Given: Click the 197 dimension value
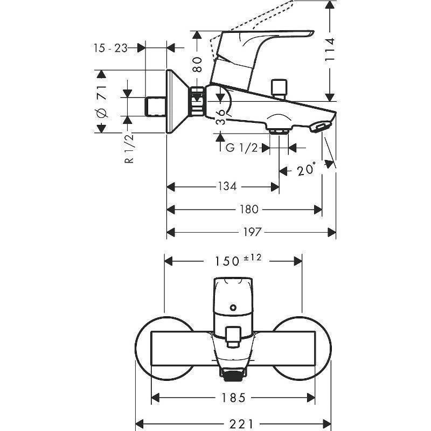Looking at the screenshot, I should click(x=252, y=232).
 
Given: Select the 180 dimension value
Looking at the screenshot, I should click(x=248, y=210).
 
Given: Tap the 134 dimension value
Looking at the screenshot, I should click(x=227, y=186).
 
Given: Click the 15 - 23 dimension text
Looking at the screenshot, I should click(x=109, y=48).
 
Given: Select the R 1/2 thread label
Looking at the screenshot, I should click(x=129, y=149).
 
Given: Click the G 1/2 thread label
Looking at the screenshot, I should click(x=241, y=148).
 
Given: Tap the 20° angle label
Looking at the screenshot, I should click(x=306, y=170).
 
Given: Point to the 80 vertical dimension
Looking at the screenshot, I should click(x=198, y=65).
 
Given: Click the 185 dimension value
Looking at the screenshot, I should click(x=233, y=398).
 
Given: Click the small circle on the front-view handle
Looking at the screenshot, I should click(x=233, y=309).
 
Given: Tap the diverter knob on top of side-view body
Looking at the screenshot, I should click(x=279, y=88).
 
